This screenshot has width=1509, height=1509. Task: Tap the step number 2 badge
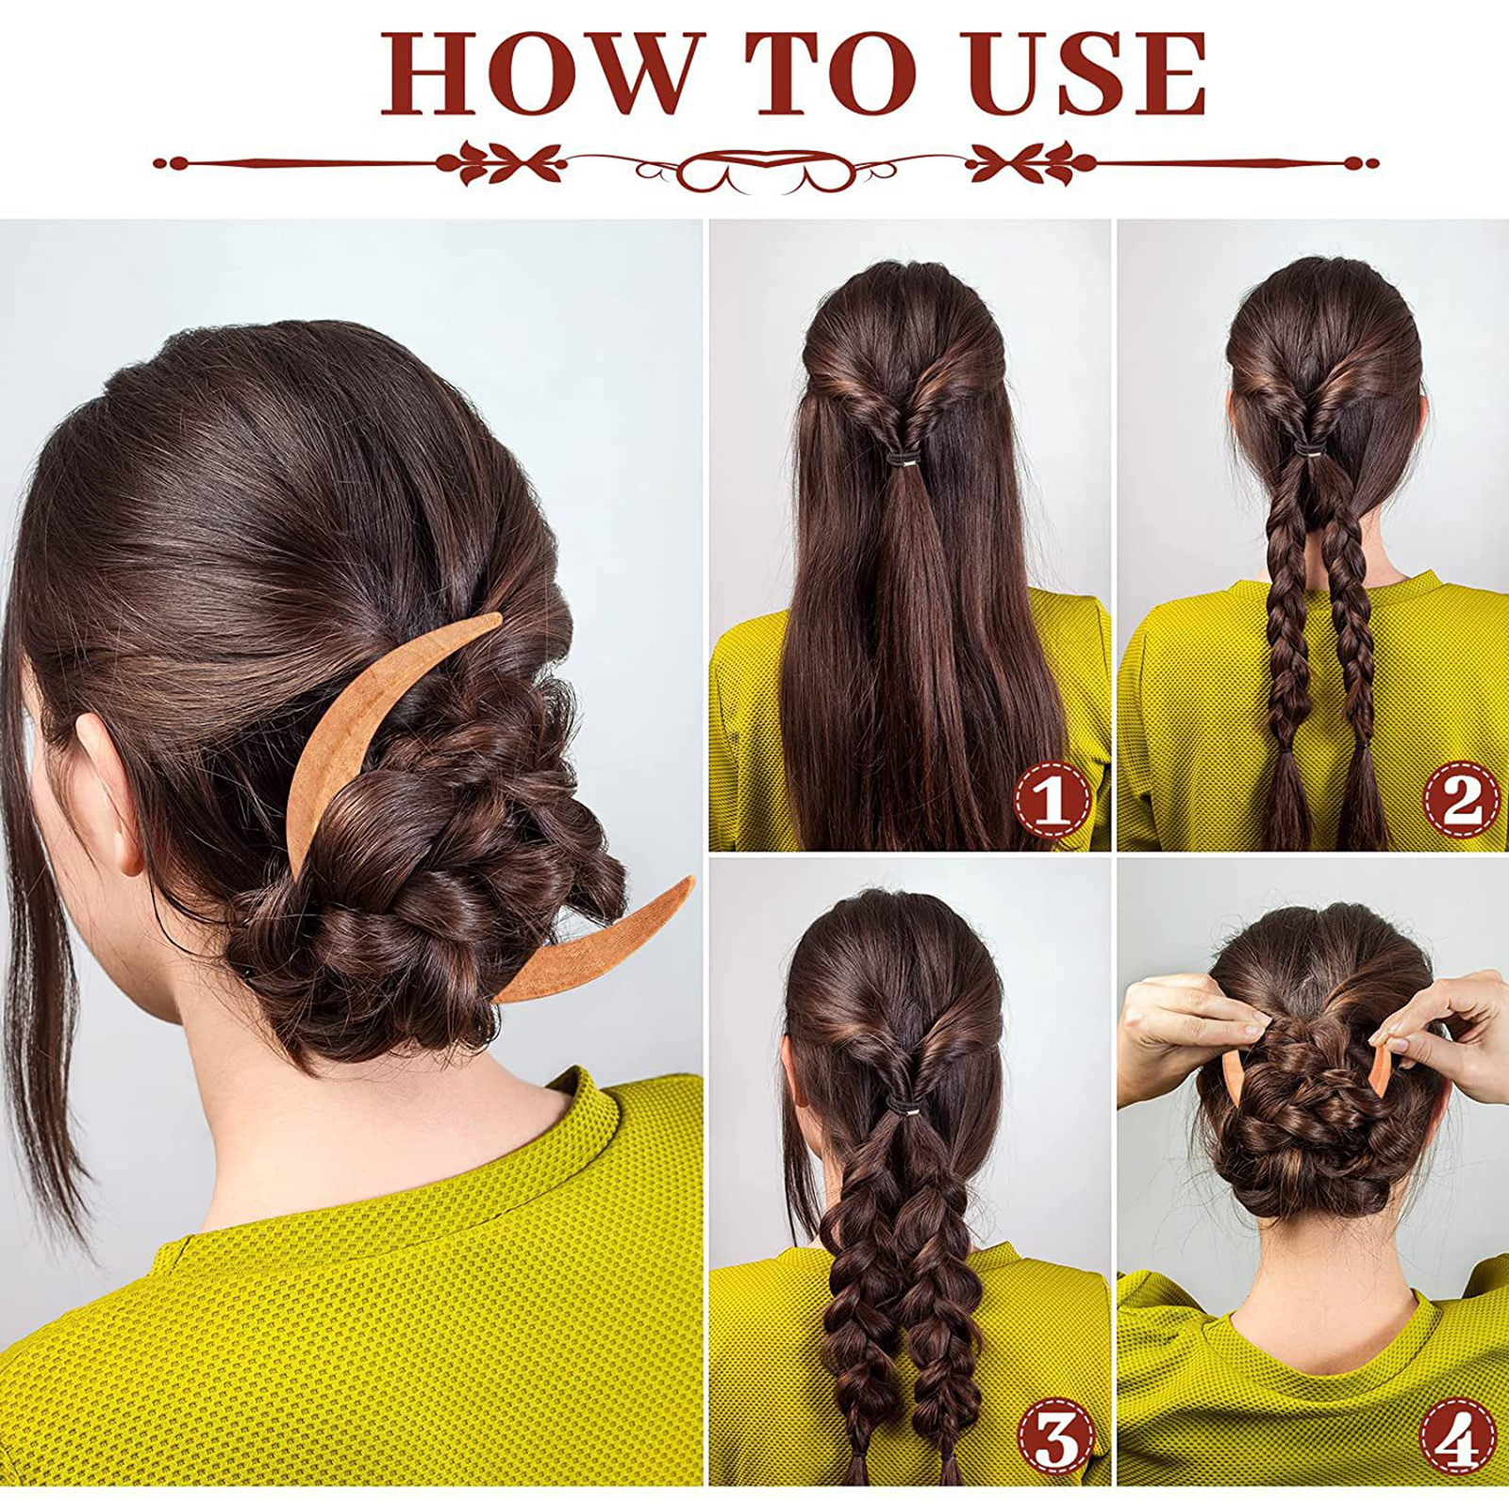(1460, 799)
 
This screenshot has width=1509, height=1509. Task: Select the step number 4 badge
(1458, 1436)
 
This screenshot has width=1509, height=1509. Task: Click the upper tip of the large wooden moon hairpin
(500, 616)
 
